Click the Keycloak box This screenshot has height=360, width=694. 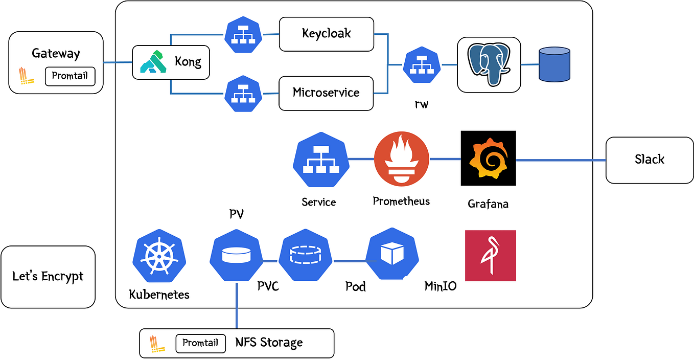[x=326, y=34]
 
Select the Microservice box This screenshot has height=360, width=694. [x=326, y=93]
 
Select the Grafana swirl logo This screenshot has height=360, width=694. [x=488, y=158]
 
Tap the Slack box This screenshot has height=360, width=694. [x=649, y=160]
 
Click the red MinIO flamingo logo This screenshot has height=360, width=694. [x=490, y=256]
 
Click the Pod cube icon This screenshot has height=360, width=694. [x=392, y=254]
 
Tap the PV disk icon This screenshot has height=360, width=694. [x=236, y=255]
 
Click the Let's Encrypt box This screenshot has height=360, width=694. [x=48, y=277]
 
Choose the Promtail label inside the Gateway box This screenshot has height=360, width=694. [x=70, y=76]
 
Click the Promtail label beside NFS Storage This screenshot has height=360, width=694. [x=200, y=343]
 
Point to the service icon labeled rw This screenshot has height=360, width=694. [x=422, y=65]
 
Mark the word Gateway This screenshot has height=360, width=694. [x=56, y=53]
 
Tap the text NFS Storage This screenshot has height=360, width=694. [x=269, y=343]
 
